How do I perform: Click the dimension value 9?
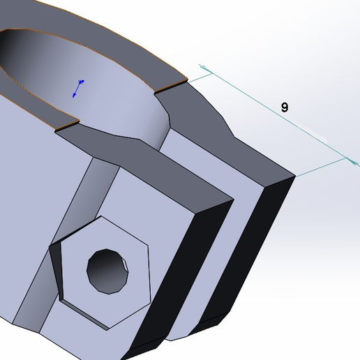point(284,107)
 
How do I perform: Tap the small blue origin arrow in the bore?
point(79,88)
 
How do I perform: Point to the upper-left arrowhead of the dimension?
point(204,69)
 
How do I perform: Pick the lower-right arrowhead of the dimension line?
point(349,162)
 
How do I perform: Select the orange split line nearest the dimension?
point(172,86)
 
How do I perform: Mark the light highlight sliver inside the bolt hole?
point(125,268)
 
